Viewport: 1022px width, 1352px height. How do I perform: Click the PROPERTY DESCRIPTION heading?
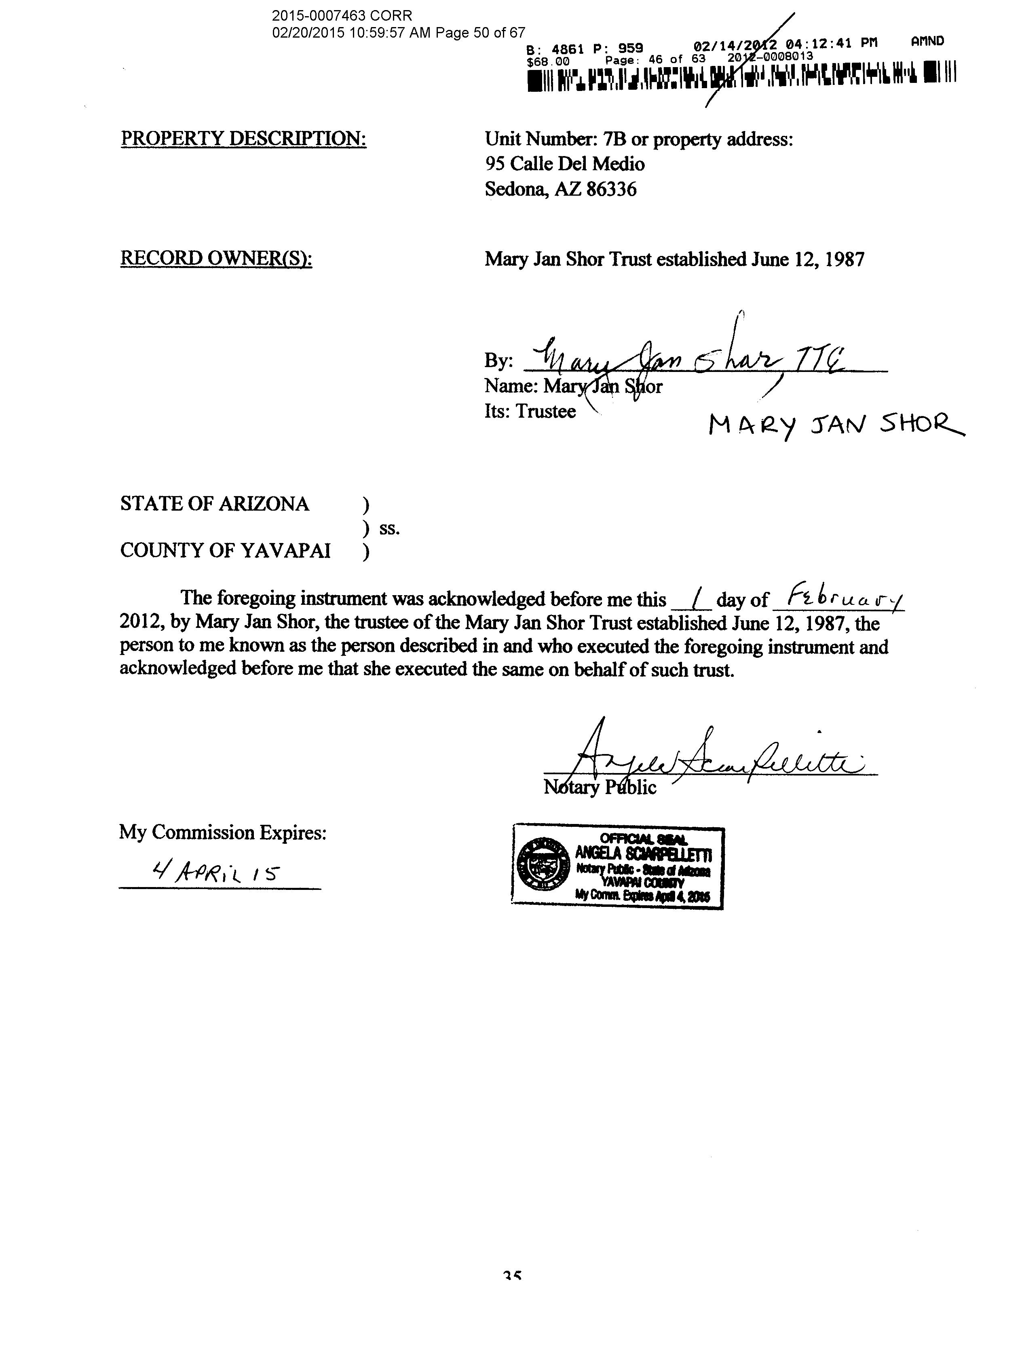coord(243,139)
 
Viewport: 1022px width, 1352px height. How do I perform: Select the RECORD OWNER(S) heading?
coord(216,258)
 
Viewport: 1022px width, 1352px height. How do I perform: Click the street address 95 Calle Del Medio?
coord(565,164)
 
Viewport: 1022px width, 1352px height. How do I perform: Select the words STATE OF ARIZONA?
coord(215,504)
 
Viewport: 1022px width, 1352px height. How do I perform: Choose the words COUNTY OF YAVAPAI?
coord(225,551)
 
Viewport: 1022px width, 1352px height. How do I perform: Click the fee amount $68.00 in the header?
coord(548,61)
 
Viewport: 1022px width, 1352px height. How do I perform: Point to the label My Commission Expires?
coord(222,832)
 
